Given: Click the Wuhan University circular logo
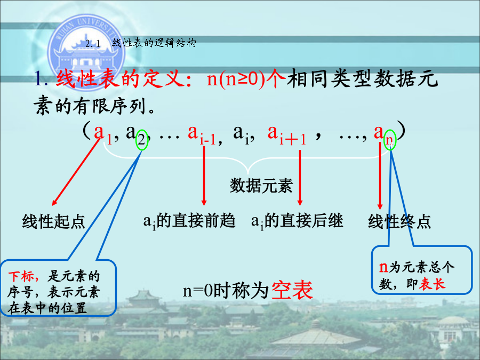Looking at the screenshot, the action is (86, 51).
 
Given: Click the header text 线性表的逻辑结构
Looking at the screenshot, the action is (154, 43).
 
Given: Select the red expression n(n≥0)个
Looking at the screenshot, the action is (246, 79).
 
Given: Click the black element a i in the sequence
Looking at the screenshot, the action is (242, 134).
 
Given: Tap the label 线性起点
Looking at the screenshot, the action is (53, 221).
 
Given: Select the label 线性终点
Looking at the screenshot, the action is (399, 221).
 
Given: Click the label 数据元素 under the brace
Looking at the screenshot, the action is (261, 186).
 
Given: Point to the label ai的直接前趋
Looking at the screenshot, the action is (189, 221).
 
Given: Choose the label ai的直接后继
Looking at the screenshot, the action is (297, 221).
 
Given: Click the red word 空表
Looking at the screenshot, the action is (292, 290).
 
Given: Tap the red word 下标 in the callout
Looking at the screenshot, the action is (21, 276).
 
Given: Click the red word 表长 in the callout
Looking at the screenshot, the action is (432, 284).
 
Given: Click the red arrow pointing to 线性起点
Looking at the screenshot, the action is (76, 171).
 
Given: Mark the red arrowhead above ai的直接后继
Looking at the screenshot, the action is (300, 203).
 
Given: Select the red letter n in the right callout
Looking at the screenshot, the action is (383, 268).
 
